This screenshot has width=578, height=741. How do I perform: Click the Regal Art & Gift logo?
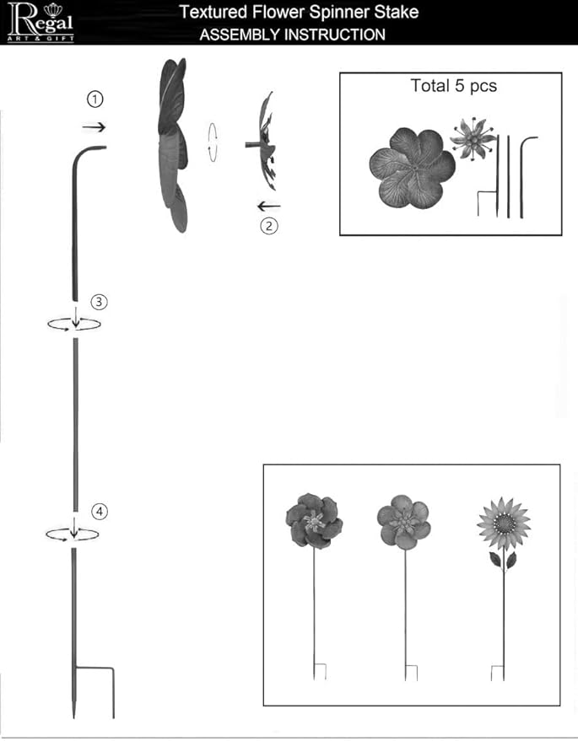point(41,22)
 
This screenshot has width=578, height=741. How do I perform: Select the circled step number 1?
point(95,99)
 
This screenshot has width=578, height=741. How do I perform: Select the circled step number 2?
point(269,226)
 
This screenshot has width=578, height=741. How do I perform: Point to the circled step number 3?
point(99,302)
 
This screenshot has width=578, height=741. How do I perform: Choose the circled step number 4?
point(100,512)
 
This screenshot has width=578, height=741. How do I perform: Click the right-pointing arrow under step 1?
point(94,126)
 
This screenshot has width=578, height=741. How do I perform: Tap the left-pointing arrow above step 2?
point(268,206)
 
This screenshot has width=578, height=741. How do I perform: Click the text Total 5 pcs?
point(454,85)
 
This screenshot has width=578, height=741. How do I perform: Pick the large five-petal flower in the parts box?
point(412,168)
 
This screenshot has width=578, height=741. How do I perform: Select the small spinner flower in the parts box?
point(473,138)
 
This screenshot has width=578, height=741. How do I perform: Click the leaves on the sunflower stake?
point(503,560)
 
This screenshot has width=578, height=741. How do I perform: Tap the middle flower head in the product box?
point(404,522)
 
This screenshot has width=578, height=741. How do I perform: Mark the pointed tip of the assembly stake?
point(73,717)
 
